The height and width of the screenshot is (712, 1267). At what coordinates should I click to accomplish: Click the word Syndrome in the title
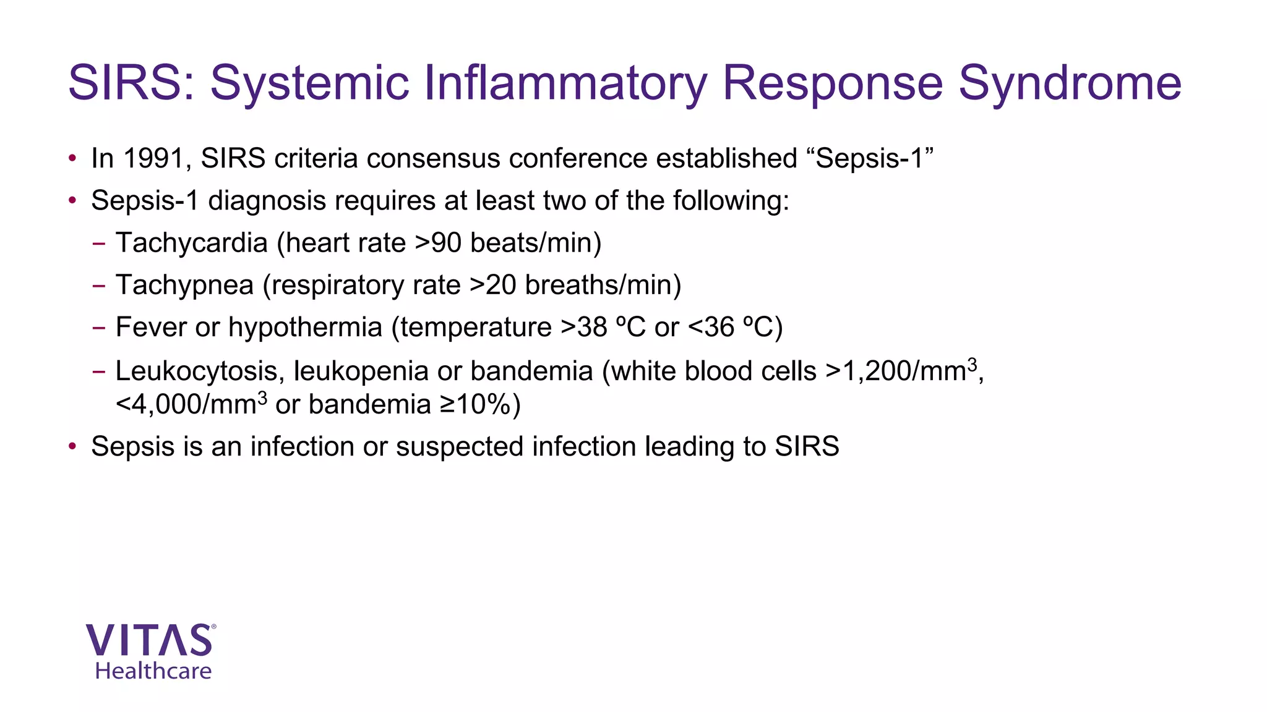click(x=1070, y=83)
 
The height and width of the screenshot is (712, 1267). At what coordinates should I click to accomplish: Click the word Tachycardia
click(x=191, y=243)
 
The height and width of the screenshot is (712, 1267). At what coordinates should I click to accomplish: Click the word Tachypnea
click(x=184, y=285)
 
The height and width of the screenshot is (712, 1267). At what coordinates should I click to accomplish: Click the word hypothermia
click(x=305, y=327)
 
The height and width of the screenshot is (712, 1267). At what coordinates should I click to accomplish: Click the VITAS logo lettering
click(x=150, y=640)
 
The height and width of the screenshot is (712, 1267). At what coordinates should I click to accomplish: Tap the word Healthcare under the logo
click(x=153, y=671)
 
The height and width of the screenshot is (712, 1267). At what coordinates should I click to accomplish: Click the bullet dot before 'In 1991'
click(x=72, y=158)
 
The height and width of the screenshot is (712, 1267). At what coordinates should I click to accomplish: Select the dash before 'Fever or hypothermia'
click(x=98, y=328)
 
